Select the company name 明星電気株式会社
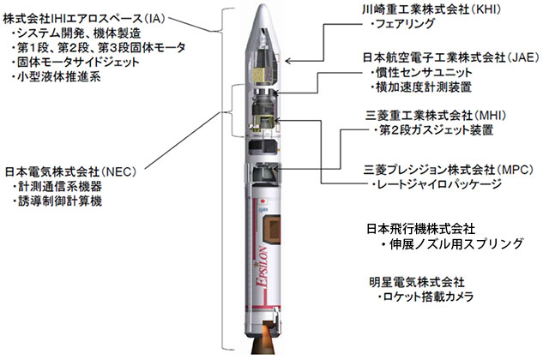point(413,282)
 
